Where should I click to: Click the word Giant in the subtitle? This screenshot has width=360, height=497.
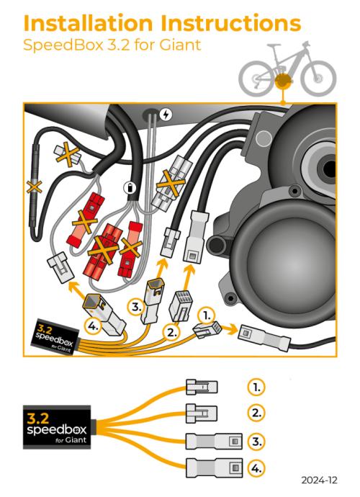[180, 45]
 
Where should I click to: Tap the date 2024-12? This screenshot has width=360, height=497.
[319, 480]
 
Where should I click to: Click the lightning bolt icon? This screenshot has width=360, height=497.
[165, 115]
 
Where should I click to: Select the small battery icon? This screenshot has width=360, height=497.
[130, 188]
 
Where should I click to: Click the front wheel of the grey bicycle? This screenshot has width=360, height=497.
[318, 78]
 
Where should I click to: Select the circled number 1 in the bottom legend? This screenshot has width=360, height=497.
[256, 387]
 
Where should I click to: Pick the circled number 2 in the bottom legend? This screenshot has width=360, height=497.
[256, 413]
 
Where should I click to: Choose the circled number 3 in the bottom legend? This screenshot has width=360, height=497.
[256, 441]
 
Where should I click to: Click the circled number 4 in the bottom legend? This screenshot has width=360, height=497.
[256, 468]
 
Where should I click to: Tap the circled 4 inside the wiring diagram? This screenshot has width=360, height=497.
[93, 326]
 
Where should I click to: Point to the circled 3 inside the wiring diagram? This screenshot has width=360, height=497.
[137, 308]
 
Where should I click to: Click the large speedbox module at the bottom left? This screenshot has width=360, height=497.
[57, 427]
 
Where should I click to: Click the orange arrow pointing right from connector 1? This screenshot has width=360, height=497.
[229, 329]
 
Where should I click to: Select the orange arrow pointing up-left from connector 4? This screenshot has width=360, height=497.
[78, 289]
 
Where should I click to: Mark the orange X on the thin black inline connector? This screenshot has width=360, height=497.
[35, 187]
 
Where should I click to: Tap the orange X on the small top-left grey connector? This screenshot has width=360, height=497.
[68, 154]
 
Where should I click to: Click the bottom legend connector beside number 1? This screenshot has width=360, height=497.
[202, 387]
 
